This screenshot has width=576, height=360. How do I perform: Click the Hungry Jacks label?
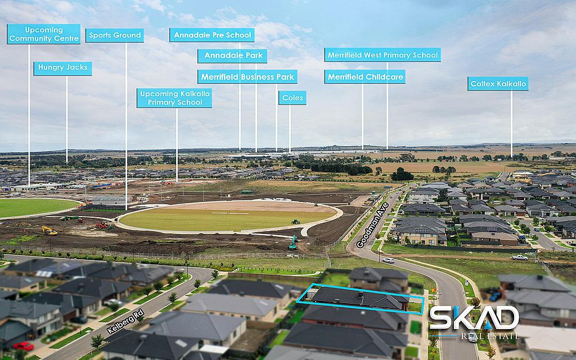[62, 68]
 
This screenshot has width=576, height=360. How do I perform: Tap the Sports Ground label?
[115, 35]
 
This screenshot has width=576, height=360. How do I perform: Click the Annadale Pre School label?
[212, 35]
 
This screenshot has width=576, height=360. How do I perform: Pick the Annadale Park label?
[232, 56]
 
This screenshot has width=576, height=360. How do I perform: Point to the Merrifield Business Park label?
[247, 76]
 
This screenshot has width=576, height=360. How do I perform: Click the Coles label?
[292, 98]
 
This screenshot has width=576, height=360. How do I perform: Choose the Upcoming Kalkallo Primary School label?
[174, 98]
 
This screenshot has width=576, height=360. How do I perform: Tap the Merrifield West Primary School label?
[382, 55]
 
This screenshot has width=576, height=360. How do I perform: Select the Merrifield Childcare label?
[365, 76]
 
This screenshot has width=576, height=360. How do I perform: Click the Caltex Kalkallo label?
[498, 84]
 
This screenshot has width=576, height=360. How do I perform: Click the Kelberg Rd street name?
[122, 321]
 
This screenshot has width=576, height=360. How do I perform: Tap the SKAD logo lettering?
[474, 318]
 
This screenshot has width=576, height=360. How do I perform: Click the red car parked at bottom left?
[23, 346]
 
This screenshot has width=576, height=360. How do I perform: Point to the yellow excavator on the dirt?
[49, 230]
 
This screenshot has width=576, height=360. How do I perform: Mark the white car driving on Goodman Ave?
[388, 260]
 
